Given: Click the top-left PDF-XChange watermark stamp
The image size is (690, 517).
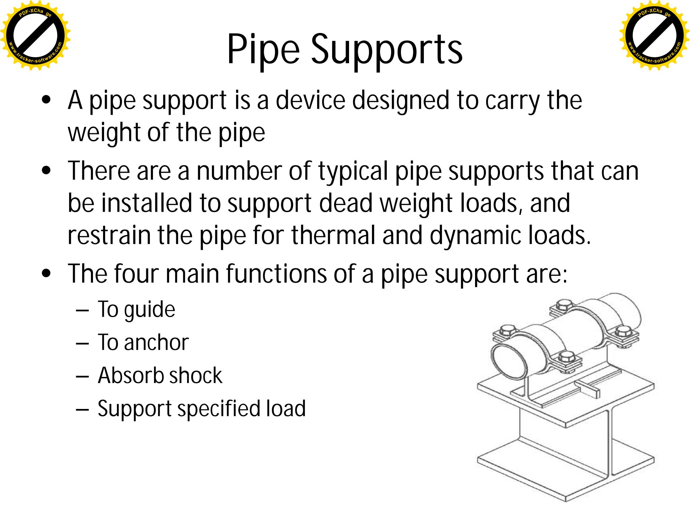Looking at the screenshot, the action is click(x=35, y=35).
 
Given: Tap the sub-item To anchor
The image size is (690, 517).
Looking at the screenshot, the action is click(x=143, y=342).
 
